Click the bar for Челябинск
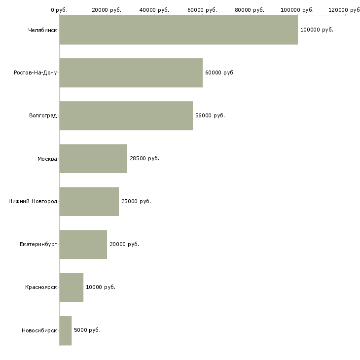pos(179,30)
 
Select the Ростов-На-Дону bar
pos(131,72)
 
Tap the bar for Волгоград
pos(126,115)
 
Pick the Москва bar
pos(93,158)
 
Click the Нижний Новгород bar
pos(89,201)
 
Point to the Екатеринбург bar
pos(83,244)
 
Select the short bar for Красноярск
pos(71,287)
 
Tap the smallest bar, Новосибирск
pos(65,330)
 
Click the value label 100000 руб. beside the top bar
pos(317,30)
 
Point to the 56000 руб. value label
pos(210,115)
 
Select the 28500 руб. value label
pos(144,158)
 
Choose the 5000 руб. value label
pos(87,330)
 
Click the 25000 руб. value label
pos(136,201)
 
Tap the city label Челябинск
pos(42,30)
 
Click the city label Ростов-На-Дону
pos(36,72)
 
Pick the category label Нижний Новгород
pos(33,201)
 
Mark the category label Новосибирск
pos(39,330)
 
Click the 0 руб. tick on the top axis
pos(59,10)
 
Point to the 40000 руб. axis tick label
pos(154,10)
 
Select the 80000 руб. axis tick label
pos(250,10)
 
